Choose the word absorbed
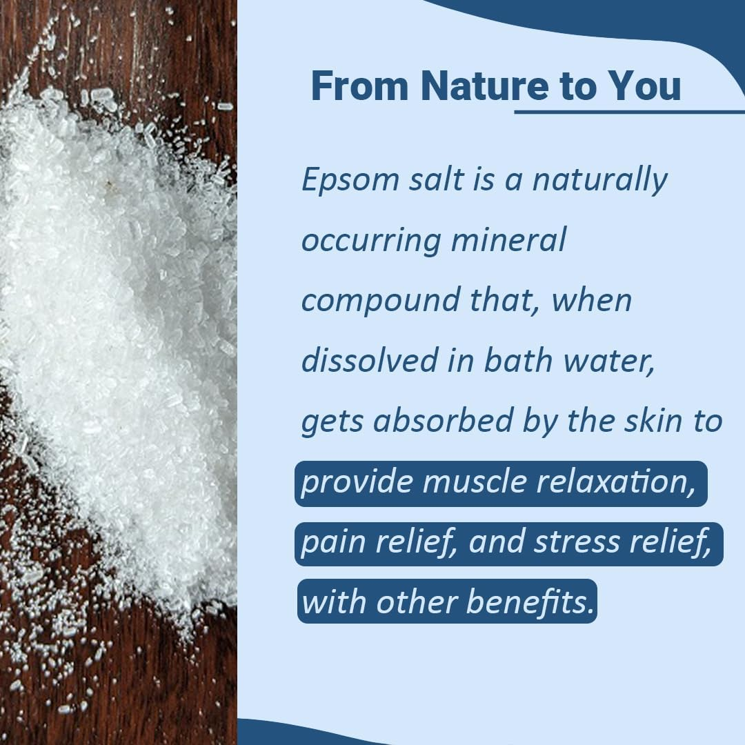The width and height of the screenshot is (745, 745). click(x=442, y=421)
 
